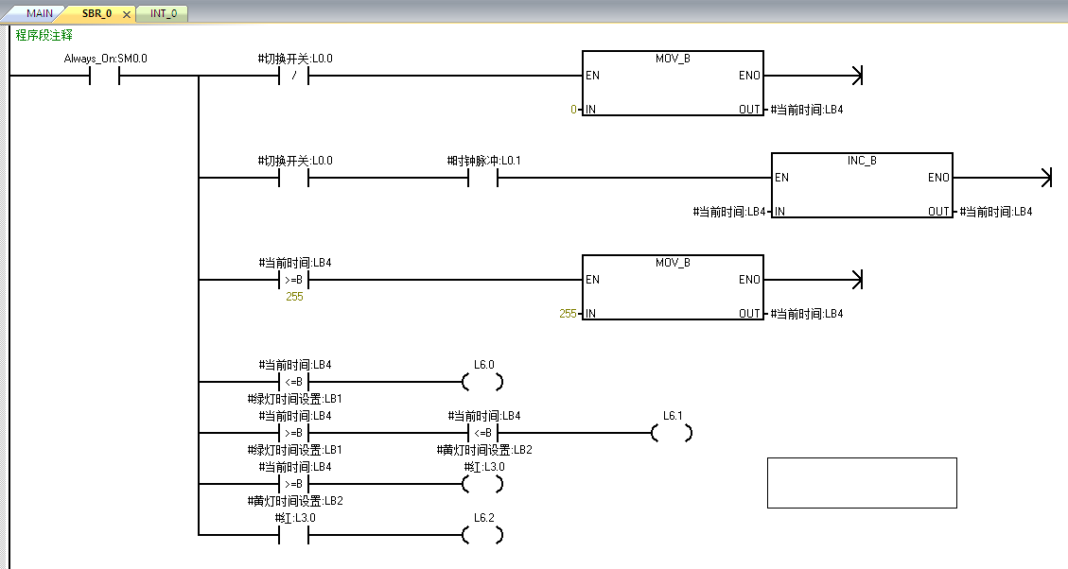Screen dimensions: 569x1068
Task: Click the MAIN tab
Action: tap(39, 13)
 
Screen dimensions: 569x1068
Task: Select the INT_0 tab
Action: tap(163, 13)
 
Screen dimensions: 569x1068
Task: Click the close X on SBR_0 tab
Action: tap(127, 14)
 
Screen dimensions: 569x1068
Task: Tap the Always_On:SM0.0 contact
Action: tap(105, 76)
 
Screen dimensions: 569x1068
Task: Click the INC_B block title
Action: tap(861, 161)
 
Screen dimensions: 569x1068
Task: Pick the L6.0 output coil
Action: tap(482, 382)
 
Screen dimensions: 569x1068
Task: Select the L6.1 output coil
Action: tap(672, 433)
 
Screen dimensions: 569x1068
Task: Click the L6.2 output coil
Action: tap(482, 535)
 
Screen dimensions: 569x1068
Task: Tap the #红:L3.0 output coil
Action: tap(482, 484)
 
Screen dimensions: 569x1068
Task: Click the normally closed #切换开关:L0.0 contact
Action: tap(294, 76)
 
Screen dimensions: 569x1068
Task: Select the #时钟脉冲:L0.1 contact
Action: tap(482, 178)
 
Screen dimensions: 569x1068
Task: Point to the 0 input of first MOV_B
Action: tap(573, 110)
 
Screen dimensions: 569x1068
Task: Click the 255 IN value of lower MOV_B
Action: tap(568, 314)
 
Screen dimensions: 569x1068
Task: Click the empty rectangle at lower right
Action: tap(862, 483)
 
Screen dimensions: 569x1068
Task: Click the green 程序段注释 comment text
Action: tap(44, 35)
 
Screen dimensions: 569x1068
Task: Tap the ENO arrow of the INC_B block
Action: tap(1044, 178)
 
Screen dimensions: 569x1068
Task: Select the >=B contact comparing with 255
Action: tap(294, 280)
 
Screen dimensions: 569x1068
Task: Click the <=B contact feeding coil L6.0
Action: tap(294, 382)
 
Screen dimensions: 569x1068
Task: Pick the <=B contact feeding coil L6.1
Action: tap(482, 433)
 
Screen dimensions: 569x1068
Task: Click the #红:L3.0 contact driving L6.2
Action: tap(294, 535)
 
